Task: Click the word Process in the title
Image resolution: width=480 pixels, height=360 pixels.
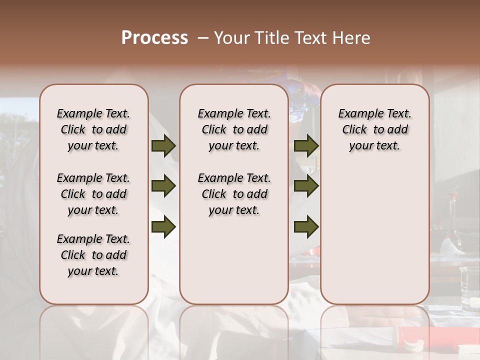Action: tap(154, 38)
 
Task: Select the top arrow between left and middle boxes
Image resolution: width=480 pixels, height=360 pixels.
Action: tap(163, 146)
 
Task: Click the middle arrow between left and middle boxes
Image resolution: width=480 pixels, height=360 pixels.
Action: tap(163, 186)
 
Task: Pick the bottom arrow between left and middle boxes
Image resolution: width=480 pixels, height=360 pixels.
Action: tap(163, 226)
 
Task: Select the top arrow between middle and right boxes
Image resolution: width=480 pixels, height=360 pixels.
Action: tap(306, 146)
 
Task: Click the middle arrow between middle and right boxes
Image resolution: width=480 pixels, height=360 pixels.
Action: tap(306, 186)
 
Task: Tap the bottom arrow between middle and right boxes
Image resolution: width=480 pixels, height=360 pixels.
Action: tap(306, 226)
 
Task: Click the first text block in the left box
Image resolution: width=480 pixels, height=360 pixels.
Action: tap(93, 129)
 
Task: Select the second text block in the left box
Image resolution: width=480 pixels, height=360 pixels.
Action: tap(93, 194)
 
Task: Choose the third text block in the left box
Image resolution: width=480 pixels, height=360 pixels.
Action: tap(93, 255)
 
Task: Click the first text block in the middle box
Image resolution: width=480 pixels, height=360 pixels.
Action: tap(234, 129)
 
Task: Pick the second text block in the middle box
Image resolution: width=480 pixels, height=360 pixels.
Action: tap(234, 194)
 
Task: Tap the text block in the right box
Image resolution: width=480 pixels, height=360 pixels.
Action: tap(374, 129)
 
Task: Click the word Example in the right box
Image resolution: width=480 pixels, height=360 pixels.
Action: tap(356, 113)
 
